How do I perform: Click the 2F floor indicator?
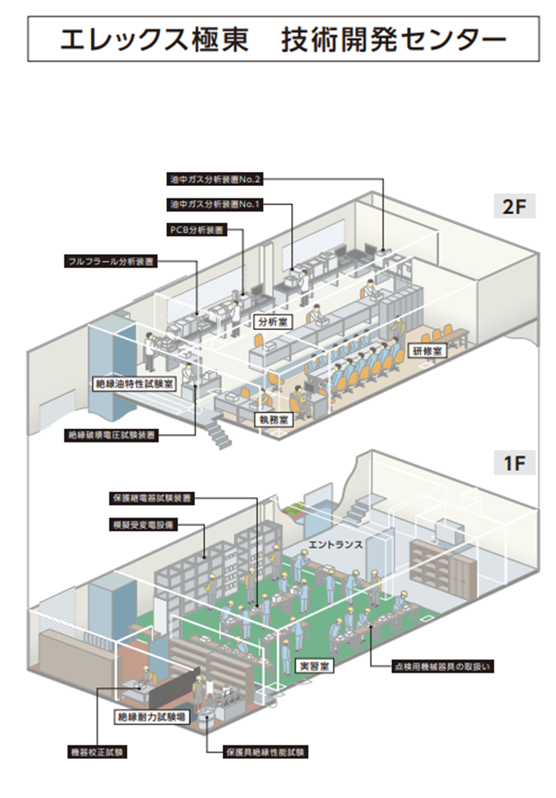(x=514, y=207)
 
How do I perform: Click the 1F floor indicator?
(x=514, y=464)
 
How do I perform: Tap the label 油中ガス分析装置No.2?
(x=216, y=180)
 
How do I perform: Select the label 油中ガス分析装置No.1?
(x=216, y=204)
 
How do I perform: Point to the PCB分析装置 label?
(x=197, y=230)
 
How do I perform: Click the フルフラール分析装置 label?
(x=110, y=261)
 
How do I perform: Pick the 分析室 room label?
(x=272, y=322)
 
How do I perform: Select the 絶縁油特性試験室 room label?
(x=134, y=384)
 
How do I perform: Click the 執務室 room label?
(x=273, y=419)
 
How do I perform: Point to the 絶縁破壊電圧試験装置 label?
(x=111, y=435)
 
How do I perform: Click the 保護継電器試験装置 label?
(x=152, y=498)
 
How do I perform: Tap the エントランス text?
(x=335, y=544)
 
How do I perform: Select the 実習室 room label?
(x=314, y=666)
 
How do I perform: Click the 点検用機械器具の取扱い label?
(x=442, y=666)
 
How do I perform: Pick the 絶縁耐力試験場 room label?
(x=151, y=716)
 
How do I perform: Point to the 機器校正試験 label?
(x=97, y=752)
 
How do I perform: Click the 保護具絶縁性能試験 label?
(x=266, y=752)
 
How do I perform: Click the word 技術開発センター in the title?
(x=393, y=40)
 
